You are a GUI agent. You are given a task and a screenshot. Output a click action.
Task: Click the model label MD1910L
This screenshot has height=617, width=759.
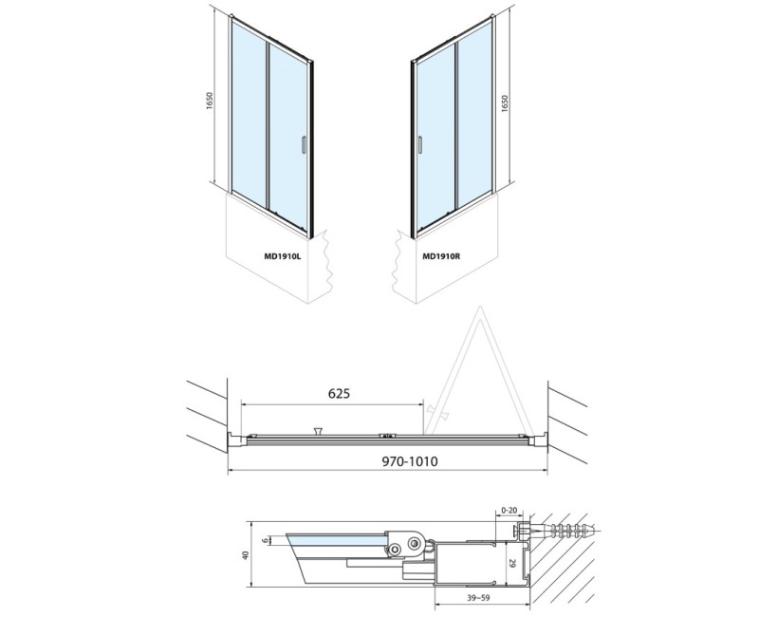(x=282, y=257)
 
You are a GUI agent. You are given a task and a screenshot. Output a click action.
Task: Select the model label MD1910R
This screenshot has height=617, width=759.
(x=441, y=257)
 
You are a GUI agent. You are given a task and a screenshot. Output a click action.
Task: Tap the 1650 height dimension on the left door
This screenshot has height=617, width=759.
(x=210, y=101)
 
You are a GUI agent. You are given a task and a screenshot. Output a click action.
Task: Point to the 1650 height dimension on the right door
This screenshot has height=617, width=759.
(x=505, y=103)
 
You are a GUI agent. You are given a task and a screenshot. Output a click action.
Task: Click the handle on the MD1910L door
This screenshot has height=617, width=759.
(x=303, y=145)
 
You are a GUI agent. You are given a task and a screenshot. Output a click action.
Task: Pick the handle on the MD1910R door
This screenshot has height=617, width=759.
(x=420, y=145)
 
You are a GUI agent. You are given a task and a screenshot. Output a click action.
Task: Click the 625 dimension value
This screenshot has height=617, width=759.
(x=339, y=393)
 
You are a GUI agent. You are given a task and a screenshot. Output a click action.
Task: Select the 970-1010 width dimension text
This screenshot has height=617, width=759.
(x=410, y=461)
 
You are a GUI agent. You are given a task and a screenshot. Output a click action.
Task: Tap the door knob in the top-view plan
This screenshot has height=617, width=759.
(x=318, y=430)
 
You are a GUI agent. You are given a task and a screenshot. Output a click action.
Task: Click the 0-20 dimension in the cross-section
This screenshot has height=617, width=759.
(x=509, y=510)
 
